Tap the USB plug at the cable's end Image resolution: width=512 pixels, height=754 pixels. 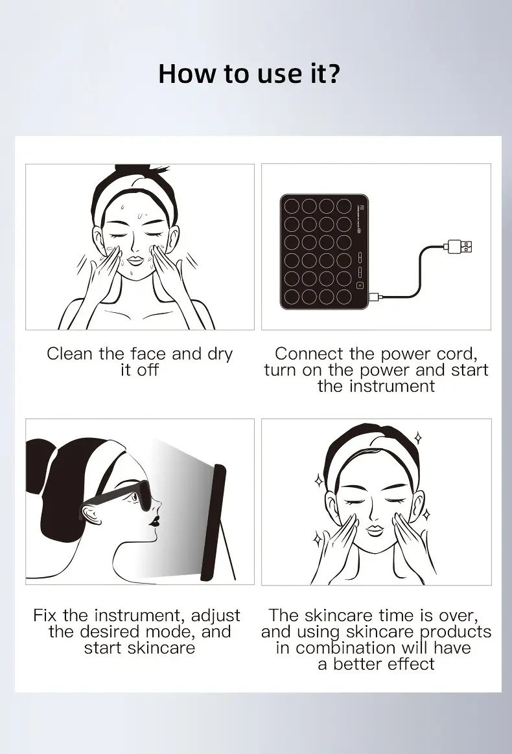(459, 247)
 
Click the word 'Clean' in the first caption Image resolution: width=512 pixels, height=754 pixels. (69, 354)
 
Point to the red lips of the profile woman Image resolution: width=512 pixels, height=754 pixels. (156, 520)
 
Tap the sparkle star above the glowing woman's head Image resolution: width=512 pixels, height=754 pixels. (418, 438)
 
